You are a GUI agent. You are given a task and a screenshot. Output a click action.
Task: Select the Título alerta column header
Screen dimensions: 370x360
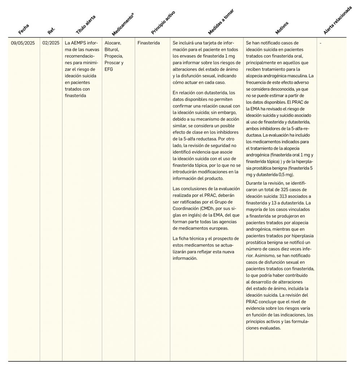[x=86, y=25]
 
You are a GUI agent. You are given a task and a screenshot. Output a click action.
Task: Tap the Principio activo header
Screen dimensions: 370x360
[x=163, y=23]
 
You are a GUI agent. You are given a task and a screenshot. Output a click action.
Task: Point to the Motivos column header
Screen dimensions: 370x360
[x=282, y=28]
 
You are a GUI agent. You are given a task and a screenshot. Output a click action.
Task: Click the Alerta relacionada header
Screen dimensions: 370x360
[x=338, y=20]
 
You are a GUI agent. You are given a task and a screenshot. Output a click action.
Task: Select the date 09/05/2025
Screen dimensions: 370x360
[x=23, y=43]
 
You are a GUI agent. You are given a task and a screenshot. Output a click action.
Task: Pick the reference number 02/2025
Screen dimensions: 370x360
[x=51, y=43]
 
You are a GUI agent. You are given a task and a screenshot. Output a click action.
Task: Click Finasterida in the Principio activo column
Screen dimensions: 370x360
[x=149, y=43]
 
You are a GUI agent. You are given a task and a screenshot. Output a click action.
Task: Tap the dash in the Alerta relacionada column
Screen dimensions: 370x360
[x=321, y=43]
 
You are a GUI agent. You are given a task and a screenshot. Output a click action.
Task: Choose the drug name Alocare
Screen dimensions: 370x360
[x=113, y=43]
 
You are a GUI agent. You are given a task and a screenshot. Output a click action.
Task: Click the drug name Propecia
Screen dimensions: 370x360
[x=114, y=56]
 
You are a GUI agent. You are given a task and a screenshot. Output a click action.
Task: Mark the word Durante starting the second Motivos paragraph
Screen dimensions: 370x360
[x=254, y=183]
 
